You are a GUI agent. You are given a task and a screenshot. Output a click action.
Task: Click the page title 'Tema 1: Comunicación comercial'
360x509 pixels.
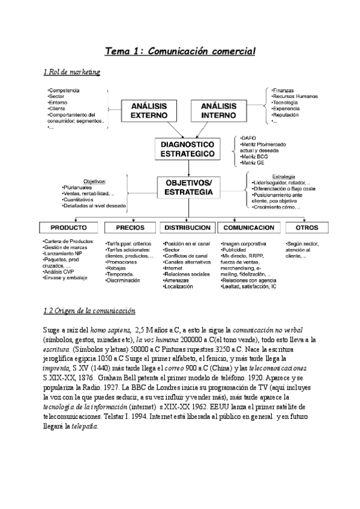180,52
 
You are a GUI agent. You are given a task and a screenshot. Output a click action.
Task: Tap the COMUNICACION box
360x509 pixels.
245,228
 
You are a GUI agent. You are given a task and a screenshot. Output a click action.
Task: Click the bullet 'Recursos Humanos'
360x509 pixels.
295,97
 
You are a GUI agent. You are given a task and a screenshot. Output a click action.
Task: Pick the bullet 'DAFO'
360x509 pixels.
248,137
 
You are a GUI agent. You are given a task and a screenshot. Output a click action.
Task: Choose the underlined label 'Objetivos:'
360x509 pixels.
94,181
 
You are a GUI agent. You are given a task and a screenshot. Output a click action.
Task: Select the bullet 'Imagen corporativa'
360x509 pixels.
244,244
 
